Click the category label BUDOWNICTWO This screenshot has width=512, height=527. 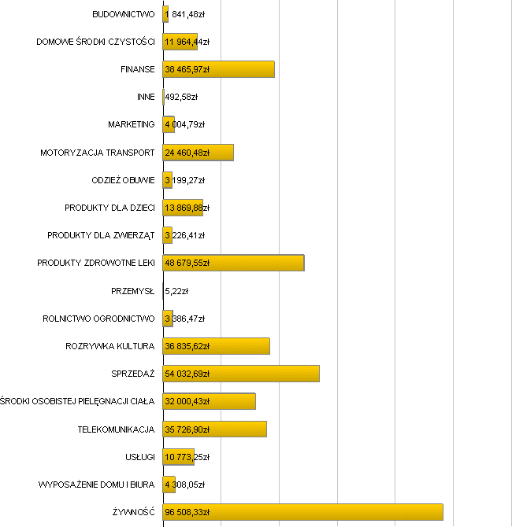pos(123,14)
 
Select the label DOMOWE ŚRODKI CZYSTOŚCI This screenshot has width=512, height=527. pos(95,42)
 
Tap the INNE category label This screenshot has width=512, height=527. pos(145,97)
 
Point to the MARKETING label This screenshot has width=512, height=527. pos(131,124)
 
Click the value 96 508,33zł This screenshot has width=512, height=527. pos(187,512)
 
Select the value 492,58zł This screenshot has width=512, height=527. pos(181,98)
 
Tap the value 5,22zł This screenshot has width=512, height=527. pos(177,291)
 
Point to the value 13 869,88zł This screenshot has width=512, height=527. pos(187,208)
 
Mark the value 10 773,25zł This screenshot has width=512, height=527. pos(187,457)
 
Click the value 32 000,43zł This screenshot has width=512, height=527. pos(187,401)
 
